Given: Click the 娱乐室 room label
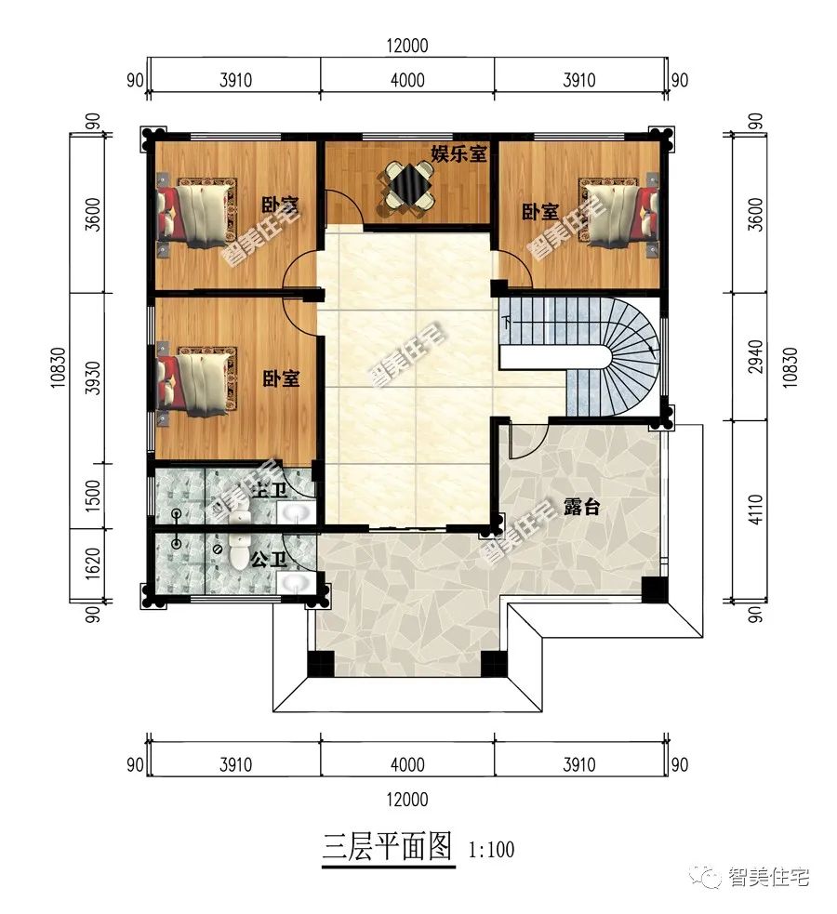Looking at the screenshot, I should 458,153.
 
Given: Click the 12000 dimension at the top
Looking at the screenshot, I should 406,46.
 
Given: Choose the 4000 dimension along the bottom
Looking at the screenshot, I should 406,764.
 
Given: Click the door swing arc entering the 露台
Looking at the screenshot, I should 525,442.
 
